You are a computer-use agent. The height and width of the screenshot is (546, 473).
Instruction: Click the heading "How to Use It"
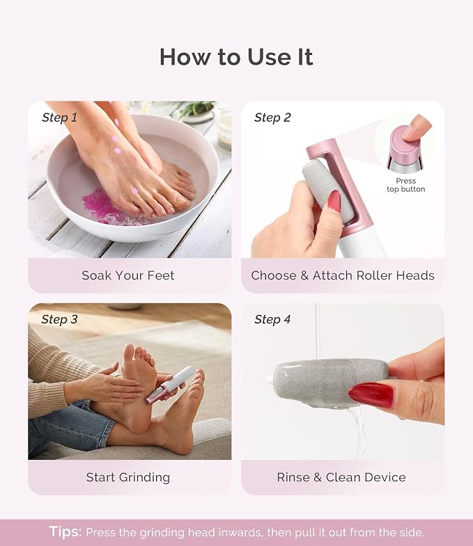point(236,57)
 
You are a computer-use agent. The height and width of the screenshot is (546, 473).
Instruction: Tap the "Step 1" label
point(59,118)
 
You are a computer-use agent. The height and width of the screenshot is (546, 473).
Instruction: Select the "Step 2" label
point(272,118)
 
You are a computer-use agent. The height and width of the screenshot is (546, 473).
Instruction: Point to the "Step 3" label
point(59,319)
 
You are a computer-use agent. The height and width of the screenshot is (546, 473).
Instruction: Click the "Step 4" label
point(272,319)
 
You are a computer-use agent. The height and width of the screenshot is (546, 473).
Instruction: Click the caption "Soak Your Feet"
point(128,275)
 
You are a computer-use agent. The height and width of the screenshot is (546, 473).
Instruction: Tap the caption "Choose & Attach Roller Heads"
point(343,275)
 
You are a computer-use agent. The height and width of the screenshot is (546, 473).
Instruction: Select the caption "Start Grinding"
point(128,477)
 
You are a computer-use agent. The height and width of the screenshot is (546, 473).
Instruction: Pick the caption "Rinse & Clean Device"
point(341,477)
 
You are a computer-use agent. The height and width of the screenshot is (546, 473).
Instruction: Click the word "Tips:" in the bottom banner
point(65,531)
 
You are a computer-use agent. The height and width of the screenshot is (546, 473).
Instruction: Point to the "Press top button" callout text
point(405,185)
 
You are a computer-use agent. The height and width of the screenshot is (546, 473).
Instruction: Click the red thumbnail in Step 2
point(334,201)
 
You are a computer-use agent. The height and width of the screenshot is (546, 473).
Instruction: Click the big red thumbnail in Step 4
point(371,395)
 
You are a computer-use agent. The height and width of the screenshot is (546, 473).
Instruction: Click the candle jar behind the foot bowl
point(224,131)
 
